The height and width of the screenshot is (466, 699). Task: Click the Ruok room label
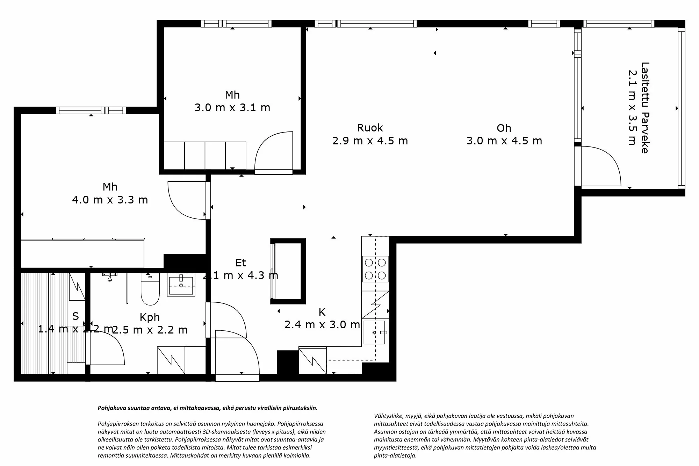(370, 128)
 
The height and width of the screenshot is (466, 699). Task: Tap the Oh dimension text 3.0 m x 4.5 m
(504, 141)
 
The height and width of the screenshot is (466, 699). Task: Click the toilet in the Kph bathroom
(150, 291)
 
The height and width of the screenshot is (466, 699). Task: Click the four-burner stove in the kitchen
(375, 268)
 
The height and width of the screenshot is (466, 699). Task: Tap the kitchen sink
(374, 332)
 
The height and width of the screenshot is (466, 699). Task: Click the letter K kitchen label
(322, 312)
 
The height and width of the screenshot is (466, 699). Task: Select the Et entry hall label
(240, 263)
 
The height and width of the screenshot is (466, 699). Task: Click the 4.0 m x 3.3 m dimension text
(110, 200)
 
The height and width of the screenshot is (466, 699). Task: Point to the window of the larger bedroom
(91, 110)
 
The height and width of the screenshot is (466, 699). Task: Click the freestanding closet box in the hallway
(288, 271)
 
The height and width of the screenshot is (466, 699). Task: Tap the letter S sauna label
(75, 316)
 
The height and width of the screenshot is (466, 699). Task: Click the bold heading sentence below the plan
(208, 408)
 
